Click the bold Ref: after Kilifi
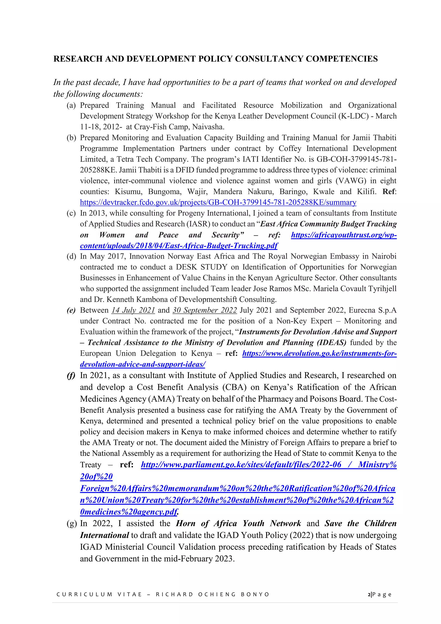389,192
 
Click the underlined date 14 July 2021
133,310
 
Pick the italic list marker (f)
71,376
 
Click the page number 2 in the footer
369,594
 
